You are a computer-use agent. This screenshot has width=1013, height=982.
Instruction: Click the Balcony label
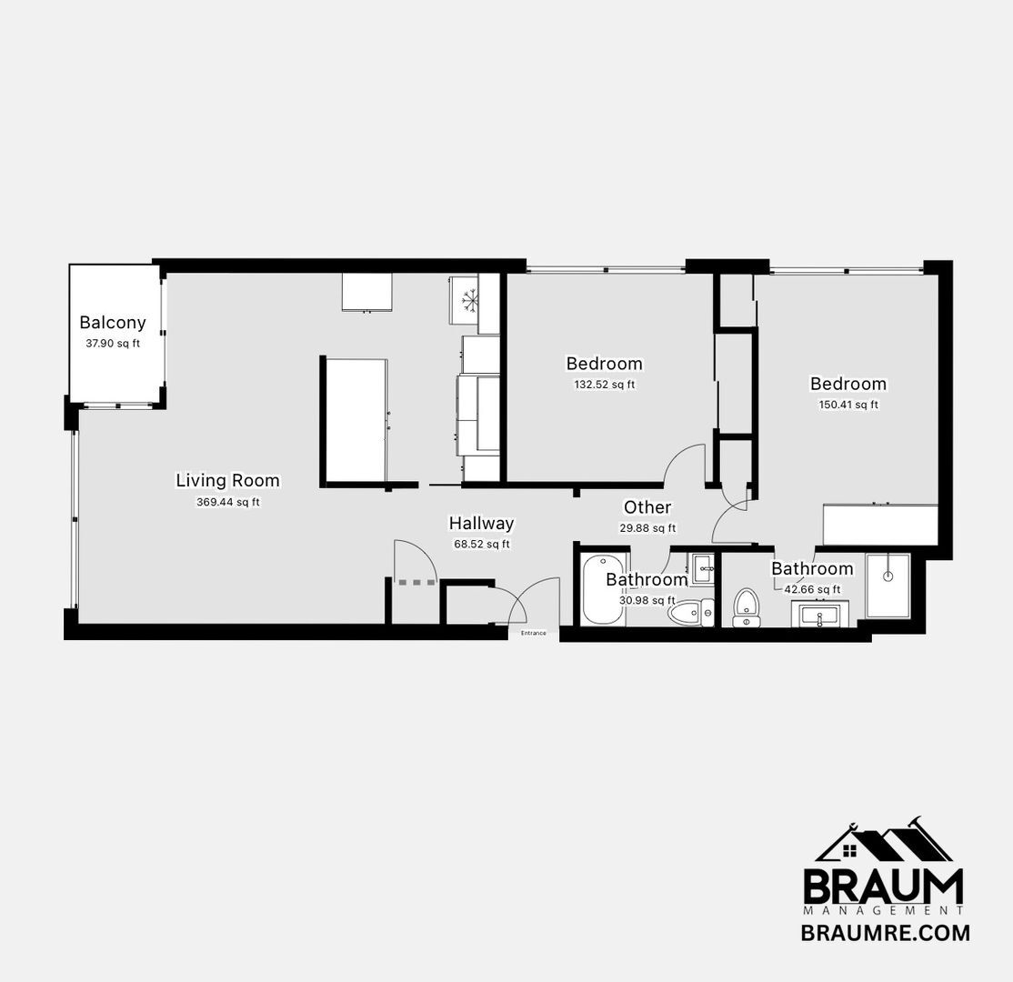(x=113, y=322)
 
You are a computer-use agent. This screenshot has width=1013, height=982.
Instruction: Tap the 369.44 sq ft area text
(x=228, y=502)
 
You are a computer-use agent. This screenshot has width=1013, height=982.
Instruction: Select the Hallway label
(x=481, y=524)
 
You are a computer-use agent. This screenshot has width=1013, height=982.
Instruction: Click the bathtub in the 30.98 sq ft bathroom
(x=602, y=592)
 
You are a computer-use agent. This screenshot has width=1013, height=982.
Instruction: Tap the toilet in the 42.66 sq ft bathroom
(x=747, y=606)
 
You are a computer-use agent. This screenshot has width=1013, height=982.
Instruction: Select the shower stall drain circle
(x=888, y=576)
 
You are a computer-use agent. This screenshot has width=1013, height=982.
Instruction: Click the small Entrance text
(x=534, y=633)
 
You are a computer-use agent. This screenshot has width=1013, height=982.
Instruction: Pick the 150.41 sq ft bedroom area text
(x=848, y=406)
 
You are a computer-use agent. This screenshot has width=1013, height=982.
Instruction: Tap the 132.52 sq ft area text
(x=604, y=385)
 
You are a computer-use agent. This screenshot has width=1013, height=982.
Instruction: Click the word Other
(x=647, y=507)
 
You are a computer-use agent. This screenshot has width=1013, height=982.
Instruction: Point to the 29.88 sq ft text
(x=647, y=528)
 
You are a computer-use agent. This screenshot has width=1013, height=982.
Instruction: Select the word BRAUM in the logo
(x=883, y=886)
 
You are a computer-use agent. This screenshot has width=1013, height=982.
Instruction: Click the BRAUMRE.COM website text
(x=885, y=933)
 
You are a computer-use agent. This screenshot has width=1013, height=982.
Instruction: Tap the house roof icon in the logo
(x=883, y=840)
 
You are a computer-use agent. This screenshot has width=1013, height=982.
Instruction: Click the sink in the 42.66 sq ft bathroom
(x=825, y=616)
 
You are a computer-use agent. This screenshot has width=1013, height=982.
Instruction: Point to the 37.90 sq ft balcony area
(x=113, y=344)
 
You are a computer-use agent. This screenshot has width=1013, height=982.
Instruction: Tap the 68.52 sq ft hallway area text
(x=482, y=545)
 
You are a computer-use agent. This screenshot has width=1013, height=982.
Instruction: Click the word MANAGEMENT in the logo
(x=883, y=910)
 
